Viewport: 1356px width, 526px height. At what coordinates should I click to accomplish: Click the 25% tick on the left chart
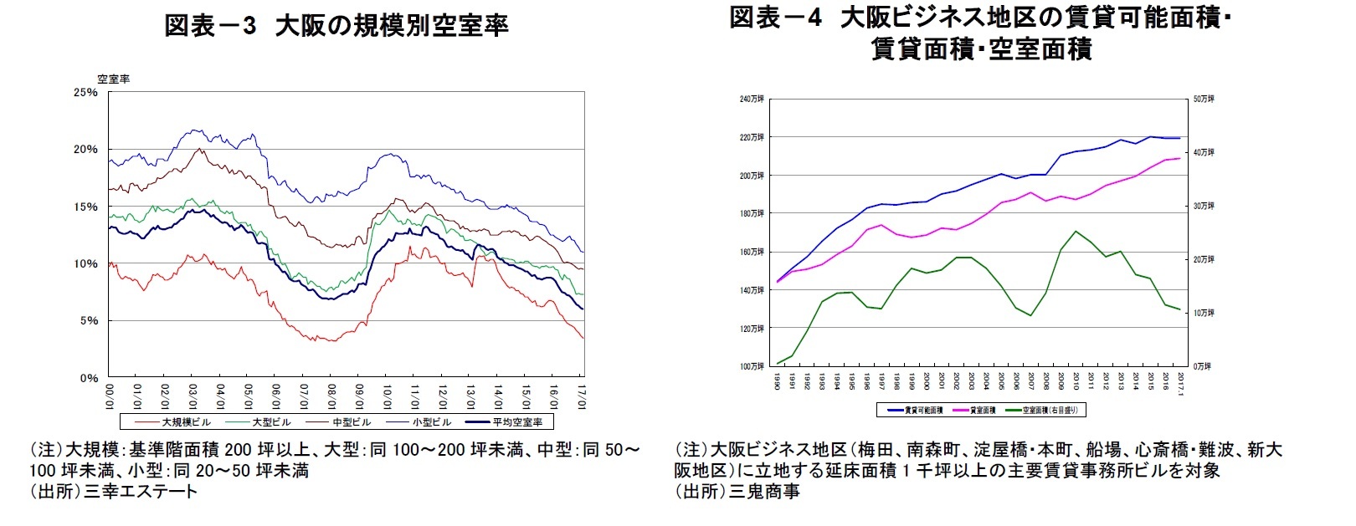[x=85, y=92]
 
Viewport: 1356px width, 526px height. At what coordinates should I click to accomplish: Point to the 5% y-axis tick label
[x=88, y=321]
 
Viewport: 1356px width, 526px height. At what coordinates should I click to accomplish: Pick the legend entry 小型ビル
[x=431, y=422]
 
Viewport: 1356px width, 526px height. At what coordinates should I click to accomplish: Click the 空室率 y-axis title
[x=113, y=79]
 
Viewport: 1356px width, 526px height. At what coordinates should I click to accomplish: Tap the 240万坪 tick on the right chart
[x=751, y=100]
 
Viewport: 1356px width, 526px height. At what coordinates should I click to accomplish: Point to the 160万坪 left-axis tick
[x=751, y=252]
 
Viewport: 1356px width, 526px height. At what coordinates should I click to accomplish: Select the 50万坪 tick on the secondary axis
[x=1204, y=100]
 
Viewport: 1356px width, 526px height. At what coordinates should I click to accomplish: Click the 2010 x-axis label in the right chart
[x=1076, y=381]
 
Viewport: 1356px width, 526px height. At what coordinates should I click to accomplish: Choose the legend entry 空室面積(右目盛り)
[x=1050, y=411]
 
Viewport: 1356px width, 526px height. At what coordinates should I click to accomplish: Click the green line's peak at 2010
[x=1076, y=232]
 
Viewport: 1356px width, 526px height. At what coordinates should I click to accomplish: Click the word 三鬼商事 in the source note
[x=764, y=492]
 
